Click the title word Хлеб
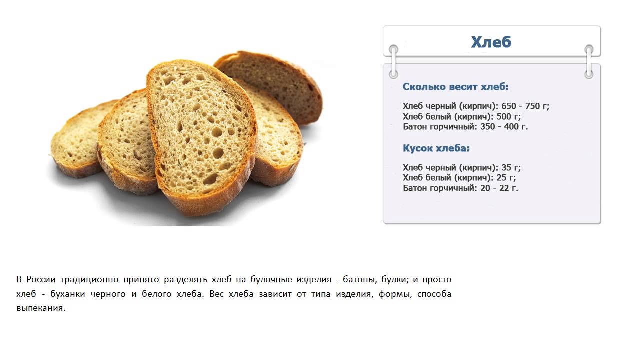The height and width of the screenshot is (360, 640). (x=491, y=42)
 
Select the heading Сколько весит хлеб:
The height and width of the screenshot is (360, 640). (x=455, y=87)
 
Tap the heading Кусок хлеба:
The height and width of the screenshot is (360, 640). (x=436, y=148)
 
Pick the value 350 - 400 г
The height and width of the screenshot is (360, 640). (x=504, y=127)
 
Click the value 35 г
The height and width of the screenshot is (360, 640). (x=511, y=167)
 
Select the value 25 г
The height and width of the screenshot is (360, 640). (x=506, y=177)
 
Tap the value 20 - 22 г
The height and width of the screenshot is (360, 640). (x=499, y=188)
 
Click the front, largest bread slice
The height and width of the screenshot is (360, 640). (x=201, y=134)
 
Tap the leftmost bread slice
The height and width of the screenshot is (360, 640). (x=77, y=140)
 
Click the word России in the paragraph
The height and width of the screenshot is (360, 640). (x=41, y=279)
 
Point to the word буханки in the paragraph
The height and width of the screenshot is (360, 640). (x=67, y=294)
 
